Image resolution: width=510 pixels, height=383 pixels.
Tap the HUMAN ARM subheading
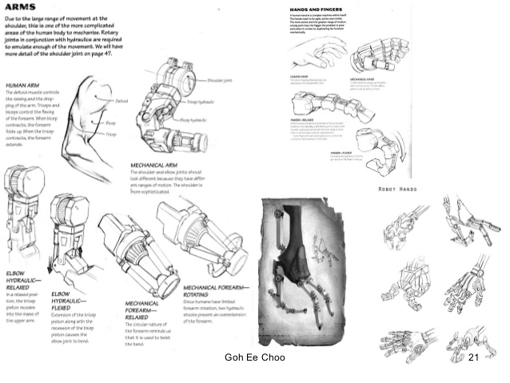[22, 82]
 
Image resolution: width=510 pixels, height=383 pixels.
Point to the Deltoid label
[122, 101]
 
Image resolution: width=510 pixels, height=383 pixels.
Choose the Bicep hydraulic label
[194, 120]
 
